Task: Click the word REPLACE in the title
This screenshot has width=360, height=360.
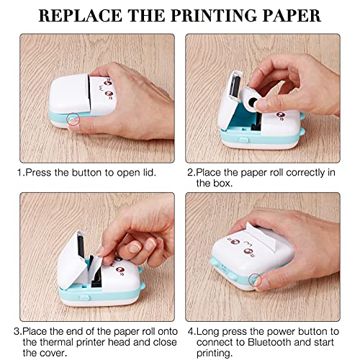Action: (x=81, y=16)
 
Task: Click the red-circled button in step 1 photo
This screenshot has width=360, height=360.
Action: (x=73, y=119)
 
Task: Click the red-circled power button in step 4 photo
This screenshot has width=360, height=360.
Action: (x=255, y=280)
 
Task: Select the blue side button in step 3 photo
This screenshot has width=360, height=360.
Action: (x=84, y=297)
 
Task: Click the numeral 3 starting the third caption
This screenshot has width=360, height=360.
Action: (x=17, y=331)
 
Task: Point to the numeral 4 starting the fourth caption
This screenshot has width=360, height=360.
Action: (x=191, y=331)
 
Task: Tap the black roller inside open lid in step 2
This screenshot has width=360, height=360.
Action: (x=235, y=86)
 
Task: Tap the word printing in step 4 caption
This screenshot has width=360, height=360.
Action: (x=215, y=353)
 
